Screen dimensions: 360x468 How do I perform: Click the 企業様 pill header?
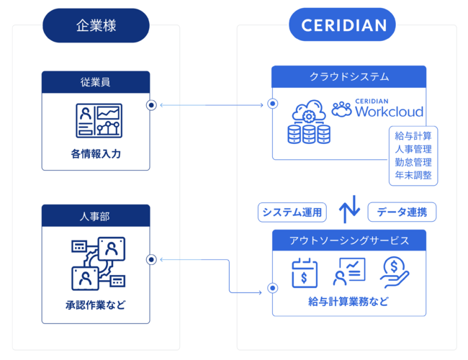coord(96,26)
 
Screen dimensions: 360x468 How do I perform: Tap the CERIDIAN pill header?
coord(343,26)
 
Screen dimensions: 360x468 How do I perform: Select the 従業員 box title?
coord(96,81)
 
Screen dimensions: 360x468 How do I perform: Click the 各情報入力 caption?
coord(96,153)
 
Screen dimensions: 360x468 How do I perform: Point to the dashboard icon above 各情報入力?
coord(99,120)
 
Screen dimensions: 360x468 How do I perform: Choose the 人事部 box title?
coord(96,215)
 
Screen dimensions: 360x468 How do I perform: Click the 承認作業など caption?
coord(96,305)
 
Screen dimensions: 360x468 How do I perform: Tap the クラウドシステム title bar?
coord(348,76)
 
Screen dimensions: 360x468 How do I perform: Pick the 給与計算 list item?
coord(413,136)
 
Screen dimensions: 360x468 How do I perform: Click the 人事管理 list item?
coord(413,149)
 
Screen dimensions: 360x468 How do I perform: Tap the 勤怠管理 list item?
coord(413,162)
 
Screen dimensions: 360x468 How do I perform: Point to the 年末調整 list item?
coord(413,175)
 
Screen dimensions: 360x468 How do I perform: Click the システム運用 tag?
coord(292,212)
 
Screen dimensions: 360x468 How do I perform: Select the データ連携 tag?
coord(402,212)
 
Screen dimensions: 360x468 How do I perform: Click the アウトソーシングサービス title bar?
coord(348,239)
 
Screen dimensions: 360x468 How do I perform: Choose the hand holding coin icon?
coord(395,272)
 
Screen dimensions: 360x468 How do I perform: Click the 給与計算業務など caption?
coord(348,302)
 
